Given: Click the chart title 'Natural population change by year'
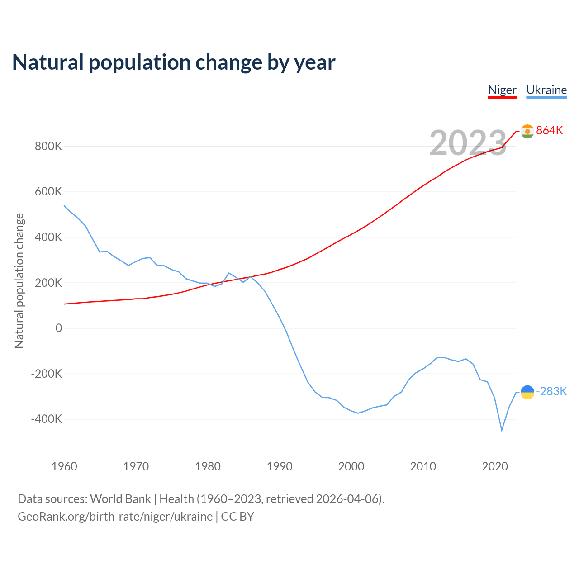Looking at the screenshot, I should pyautogui.click(x=174, y=62).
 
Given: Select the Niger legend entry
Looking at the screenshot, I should pyautogui.click(x=502, y=90).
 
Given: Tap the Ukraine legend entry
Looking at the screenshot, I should pyautogui.click(x=546, y=90).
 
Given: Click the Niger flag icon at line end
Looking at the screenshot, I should pyautogui.click(x=527, y=131).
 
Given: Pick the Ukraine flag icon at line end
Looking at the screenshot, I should pyautogui.click(x=527, y=392).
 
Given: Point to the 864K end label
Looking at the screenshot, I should pyautogui.click(x=550, y=131).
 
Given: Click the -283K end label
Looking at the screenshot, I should pyautogui.click(x=551, y=392).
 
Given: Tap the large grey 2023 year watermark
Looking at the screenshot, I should pyautogui.click(x=468, y=143).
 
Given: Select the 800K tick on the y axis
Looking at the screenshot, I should pyautogui.click(x=48, y=147).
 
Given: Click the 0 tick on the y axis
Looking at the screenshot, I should pyautogui.click(x=59, y=328).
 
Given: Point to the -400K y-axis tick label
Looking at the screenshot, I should pyautogui.click(x=47, y=419).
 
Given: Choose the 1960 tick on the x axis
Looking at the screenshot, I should pyautogui.click(x=64, y=466).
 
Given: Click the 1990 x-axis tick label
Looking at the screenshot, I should pyautogui.click(x=280, y=466).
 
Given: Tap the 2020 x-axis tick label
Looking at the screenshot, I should pyautogui.click(x=495, y=466).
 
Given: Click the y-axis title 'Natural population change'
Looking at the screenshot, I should pyautogui.click(x=19, y=281).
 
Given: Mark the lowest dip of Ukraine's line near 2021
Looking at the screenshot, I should pyautogui.click(x=502, y=430).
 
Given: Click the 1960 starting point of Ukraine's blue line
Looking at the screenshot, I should pyautogui.click(x=64, y=206).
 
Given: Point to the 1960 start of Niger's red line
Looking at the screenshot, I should pyautogui.click(x=64, y=304).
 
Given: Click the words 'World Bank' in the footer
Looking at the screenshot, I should pyautogui.click(x=120, y=499).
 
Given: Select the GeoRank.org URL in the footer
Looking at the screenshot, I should pyautogui.click(x=115, y=517).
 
